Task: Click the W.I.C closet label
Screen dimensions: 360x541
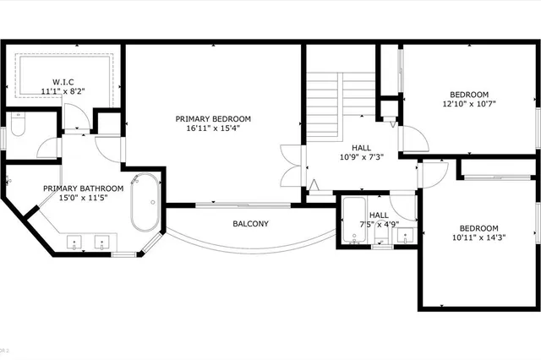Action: [x=63, y=81]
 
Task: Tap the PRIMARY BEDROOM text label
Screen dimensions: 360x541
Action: [x=213, y=119]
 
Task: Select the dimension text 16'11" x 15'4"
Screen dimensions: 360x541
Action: [x=213, y=130]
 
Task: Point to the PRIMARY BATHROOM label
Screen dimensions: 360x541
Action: [x=84, y=188]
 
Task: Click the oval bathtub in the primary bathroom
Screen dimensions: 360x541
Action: [x=145, y=202]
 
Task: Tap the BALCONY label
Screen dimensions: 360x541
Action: [x=251, y=224]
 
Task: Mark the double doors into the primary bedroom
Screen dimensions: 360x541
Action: [x=290, y=166]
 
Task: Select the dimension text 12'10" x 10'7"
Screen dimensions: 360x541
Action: [x=468, y=106]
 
